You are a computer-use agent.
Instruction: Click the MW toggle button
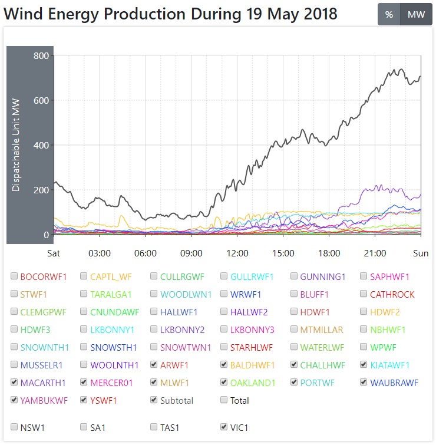pyautogui.click(x=416, y=15)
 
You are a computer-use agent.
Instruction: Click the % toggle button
pyautogui.click(x=389, y=15)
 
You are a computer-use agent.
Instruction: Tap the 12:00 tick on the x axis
pyautogui.click(x=237, y=253)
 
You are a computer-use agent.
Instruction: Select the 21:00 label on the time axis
pyautogui.click(x=375, y=253)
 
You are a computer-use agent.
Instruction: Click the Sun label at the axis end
pyautogui.click(x=421, y=253)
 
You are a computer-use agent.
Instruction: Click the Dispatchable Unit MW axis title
pyautogui.click(x=16, y=145)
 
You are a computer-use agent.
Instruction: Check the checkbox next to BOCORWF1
pyautogui.click(x=14, y=276)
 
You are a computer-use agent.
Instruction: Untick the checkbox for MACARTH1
pyautogui.click(x=14, y=382)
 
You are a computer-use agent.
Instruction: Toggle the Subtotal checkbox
pyautogui.click(x=154, y=400)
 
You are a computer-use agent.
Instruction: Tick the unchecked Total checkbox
pyautogui.click(x=224, y=400)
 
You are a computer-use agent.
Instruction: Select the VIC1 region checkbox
pyautogui.click(x=224, y=426)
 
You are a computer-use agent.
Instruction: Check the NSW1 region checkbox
pyautogui.click(x=14, y=426)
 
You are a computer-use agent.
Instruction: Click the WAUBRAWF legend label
pyautogui.click(x=394, y=383)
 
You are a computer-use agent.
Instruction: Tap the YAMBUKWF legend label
pyautogui.click(x=44, y=401)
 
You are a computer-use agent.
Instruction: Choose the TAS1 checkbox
pyautogui.click(x=154, y=426)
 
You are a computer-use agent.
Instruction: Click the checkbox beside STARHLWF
pyautogui.click(x=224, y=347)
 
